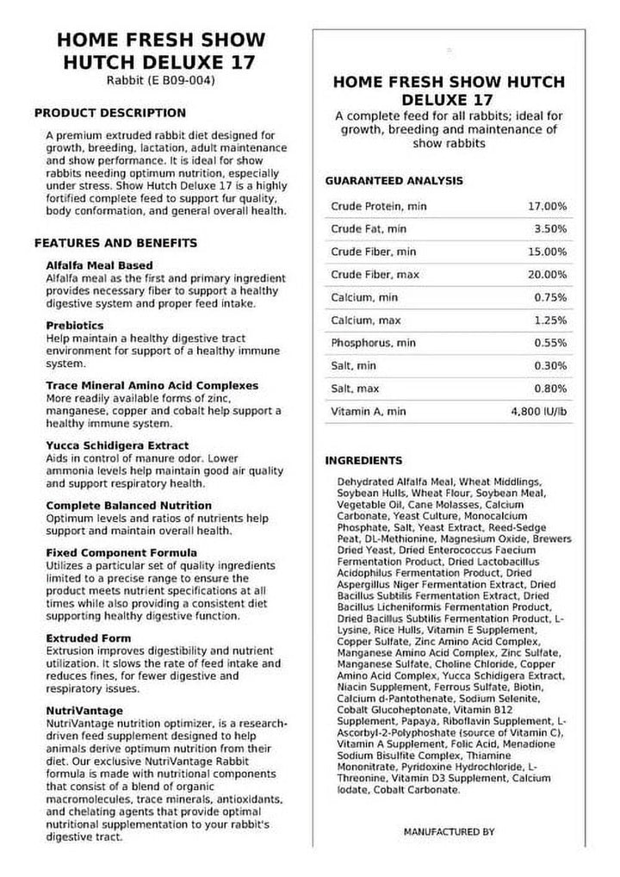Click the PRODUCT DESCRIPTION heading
(x=109, y=113)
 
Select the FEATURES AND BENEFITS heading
(x=115, y=243)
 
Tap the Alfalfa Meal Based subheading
(x=99, y=266)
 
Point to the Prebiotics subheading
(x=75, y=326)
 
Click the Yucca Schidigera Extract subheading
(x=116, y=445)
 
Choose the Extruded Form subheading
(x=89, y=638)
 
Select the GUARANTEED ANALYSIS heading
(x=394, y=181)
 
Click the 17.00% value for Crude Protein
(x=547, y=207)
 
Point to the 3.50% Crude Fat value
(x=549, y=229)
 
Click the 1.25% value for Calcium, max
(x=549, y=320)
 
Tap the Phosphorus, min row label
(x=373, y=343)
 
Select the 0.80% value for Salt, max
(x=549, y=389)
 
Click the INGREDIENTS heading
(x=363, y=461)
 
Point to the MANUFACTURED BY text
(x=449, y=832)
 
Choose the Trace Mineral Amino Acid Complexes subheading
(x=152, y=385)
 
